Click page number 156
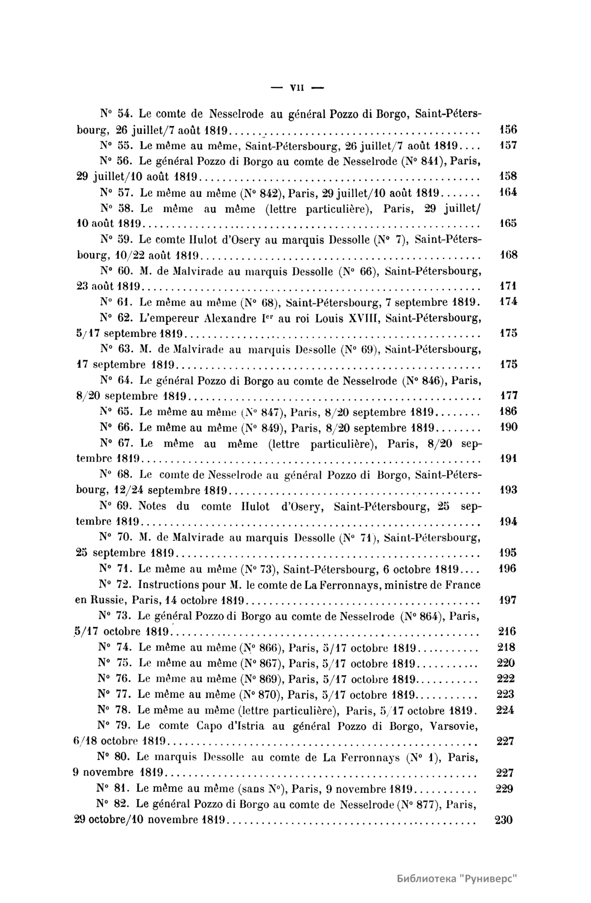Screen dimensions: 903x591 [508, 130]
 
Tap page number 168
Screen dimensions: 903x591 [508, 255]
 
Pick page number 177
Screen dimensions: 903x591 [508, 396]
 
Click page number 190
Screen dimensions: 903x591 [508, 427]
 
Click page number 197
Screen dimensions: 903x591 [507, 600]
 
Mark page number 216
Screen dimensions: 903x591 [507, 631]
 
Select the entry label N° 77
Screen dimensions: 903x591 [114, 694]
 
